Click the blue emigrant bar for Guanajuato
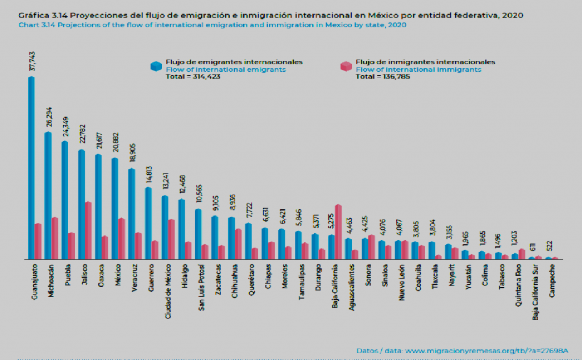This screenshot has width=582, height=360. pos(31,168)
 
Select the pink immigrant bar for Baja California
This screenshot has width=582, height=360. pos(338,232)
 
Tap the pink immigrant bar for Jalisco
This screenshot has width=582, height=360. pos(88,230)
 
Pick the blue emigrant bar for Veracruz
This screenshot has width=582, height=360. pos(131,214)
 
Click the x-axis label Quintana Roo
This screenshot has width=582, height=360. pos(518,282)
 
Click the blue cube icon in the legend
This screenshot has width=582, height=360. pos(156,66)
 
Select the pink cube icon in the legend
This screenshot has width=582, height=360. pos(346,66)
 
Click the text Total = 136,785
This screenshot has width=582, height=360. pos(383,76)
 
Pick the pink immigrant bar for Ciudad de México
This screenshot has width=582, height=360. pos(171,239)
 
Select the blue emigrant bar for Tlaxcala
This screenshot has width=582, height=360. pos(432,250)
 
